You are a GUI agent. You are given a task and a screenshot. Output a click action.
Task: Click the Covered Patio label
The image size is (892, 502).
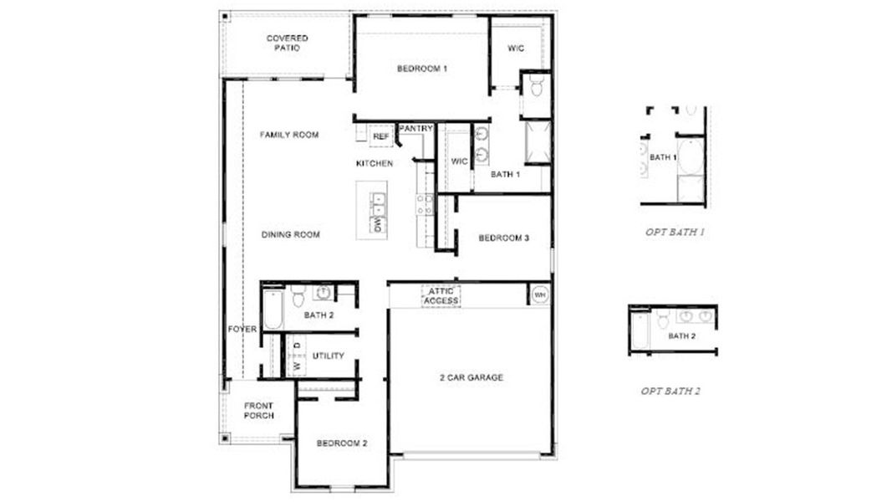point(287,44)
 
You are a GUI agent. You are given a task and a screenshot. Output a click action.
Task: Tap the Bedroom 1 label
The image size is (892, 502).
point(421,69)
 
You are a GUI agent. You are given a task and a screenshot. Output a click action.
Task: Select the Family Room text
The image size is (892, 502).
point(288,135)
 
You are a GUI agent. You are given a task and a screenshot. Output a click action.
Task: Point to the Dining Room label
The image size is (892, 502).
point(290,235)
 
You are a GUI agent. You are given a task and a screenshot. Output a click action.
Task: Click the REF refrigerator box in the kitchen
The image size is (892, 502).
point(381,136)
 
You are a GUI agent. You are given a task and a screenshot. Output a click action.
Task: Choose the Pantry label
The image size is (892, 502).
point(415,128)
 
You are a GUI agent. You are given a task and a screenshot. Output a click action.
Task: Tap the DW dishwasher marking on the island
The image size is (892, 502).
point(378,224)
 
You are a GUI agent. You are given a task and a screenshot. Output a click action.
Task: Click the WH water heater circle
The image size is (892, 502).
point(539,295)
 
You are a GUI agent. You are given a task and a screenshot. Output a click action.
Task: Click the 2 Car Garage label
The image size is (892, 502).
point(471,377)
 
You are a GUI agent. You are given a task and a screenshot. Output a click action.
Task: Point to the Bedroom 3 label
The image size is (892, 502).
point(503,238)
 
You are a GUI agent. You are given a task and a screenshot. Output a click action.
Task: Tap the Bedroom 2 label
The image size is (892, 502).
point(342,443)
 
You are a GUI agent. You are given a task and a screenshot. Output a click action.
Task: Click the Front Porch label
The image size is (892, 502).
point(258,411)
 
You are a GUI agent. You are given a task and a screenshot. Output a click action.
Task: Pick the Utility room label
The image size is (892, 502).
point(328,356)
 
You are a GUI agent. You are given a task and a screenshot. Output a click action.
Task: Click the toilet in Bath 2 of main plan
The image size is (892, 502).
point(297,295)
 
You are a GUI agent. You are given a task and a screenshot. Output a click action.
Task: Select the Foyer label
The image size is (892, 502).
point(242,330)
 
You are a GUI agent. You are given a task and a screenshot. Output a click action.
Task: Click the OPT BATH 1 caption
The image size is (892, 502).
point(674,232)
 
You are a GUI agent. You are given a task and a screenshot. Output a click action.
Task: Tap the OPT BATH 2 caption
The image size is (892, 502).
point(670,391)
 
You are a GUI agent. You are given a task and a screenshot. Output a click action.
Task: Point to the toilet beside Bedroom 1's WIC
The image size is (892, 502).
point(537,87)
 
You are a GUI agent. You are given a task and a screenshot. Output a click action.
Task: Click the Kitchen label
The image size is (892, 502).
point(374,164)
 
